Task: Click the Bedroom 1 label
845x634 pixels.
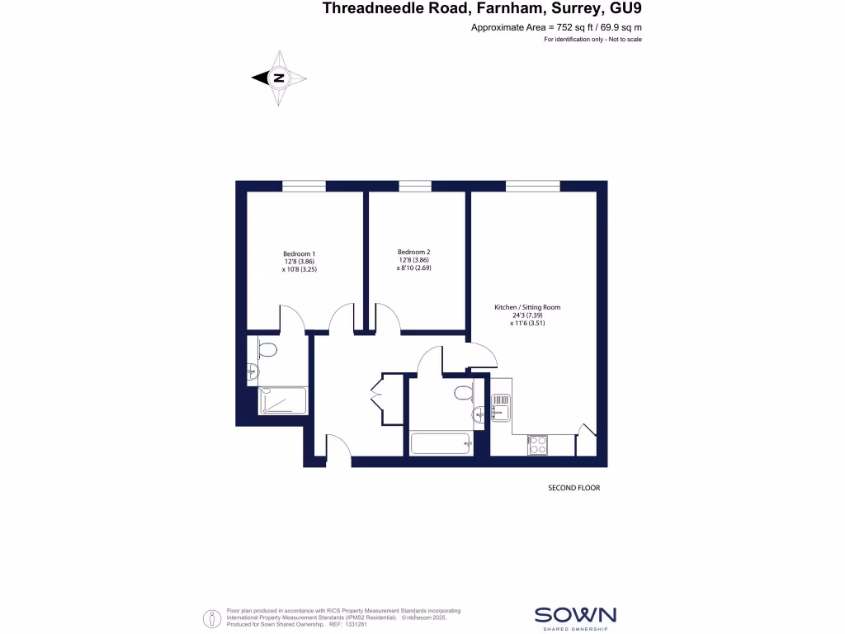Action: (300, 253)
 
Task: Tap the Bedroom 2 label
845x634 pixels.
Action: (413, 252)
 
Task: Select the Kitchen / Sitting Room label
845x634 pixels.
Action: (527, 307)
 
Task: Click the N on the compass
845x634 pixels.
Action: (279, 78)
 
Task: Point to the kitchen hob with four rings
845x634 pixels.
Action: (538, 444)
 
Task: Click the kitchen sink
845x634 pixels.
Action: (502, 405)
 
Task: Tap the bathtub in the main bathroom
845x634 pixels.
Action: (441, 443)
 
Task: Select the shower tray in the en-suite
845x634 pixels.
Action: (283, 401)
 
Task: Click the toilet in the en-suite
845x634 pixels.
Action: (265, 350)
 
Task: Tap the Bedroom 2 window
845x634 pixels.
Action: (414, 187)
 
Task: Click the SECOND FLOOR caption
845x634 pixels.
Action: (574, 488)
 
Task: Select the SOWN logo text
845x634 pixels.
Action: (575, 614)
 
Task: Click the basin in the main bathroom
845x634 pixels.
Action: (479, 413)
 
